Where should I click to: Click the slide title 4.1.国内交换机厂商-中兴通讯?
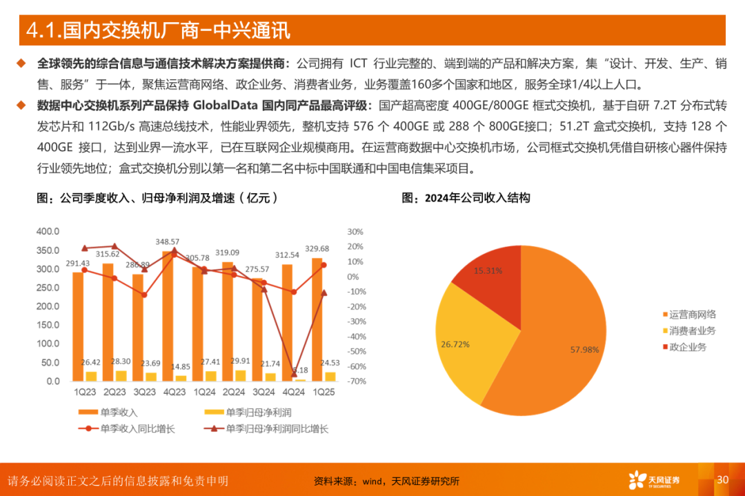pyautogui.click(x=157, y=30)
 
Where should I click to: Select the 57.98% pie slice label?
pyautogui.click(x=584, y=350)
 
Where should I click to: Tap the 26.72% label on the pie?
pyautogui.click(x=455, y=344)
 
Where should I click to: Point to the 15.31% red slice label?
pyautogui.click(x=488, y=271)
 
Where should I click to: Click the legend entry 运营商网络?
pyautogui.click(x=692, y=315)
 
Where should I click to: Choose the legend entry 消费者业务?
pyautogui.click(x=692, y=331)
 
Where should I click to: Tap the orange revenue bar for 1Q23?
pyautogui.click(x=77, y=324)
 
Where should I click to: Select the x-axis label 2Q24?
pyautogui.click(x=234, y=392)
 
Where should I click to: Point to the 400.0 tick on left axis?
pyautogui.click(x=48, y=231)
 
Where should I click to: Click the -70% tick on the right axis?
pyautogui.click(x=356, y=381)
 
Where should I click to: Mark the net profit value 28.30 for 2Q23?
pyautogui.click(x=120, y=361)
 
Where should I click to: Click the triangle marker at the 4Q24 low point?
pyautogui.click(x=294, y=373)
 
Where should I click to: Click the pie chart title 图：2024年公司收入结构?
pyautogui.click(x=466, y=198)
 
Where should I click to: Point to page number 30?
pyautogui.click(x=723, y=480)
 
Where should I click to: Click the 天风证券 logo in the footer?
pyautogui.click(x=654, y=480)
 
